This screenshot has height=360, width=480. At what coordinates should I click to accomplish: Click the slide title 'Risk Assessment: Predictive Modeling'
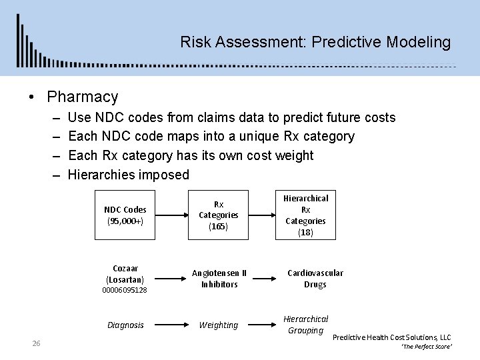(315, 43)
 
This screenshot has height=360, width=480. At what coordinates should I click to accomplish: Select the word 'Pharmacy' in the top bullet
(82, 97)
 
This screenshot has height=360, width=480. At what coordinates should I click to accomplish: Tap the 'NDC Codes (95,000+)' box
(125, 215)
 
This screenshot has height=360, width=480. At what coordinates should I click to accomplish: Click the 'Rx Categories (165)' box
(219, 215)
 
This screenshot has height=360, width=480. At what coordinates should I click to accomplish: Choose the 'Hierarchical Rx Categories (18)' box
(306, 215)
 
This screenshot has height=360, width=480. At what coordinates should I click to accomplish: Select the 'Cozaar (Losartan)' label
(125, 273)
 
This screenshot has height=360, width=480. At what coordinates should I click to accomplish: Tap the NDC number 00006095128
(125, 291)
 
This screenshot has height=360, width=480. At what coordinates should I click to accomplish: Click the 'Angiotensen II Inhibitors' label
(219, 279)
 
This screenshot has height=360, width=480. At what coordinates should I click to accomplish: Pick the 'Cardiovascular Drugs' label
(315, 279)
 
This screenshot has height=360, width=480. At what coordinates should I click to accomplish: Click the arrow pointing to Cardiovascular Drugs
(265, 279)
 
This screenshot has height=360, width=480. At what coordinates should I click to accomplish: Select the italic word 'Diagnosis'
(125, 325)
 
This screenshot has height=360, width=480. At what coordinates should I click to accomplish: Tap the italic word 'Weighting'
(219, 325)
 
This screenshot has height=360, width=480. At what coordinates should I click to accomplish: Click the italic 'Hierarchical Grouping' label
(306, 325)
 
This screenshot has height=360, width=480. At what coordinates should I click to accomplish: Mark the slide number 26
(37, 343)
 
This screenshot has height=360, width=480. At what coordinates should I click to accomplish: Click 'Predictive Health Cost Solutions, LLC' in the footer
(391, 338)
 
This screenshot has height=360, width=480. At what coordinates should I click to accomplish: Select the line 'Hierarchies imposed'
(128, 175)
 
